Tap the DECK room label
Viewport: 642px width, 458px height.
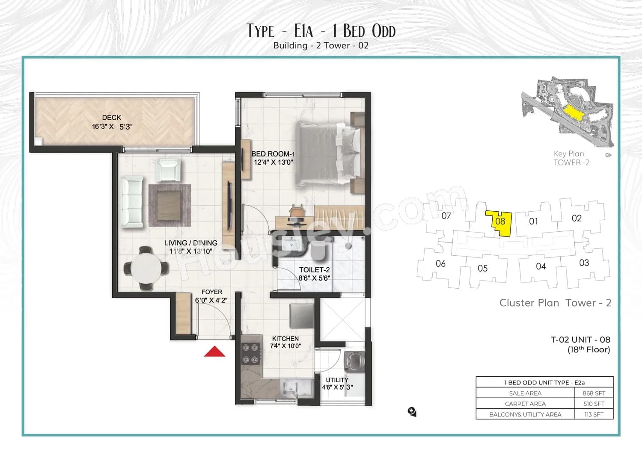click(111, 117)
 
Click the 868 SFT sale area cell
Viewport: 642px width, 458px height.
click(594, 393)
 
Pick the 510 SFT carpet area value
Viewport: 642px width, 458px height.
click(594, 404)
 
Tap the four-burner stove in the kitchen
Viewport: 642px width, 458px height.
click(250, 353)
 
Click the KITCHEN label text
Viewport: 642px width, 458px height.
click(285, 338)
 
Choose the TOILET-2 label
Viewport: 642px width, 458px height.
click(314, 270)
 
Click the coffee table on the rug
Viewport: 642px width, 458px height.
click(170, 205)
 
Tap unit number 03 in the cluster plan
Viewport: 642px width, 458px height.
click(584, 263)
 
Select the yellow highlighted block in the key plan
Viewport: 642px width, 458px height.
click(573, 113)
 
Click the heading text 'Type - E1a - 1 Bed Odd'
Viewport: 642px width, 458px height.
click(321, 31)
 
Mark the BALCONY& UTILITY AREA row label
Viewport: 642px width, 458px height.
click(525, 414)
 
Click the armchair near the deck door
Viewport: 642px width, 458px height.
click(168, 169)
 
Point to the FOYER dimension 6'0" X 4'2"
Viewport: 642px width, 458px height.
click(211, 300)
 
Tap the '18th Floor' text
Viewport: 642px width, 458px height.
click(588, 350)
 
